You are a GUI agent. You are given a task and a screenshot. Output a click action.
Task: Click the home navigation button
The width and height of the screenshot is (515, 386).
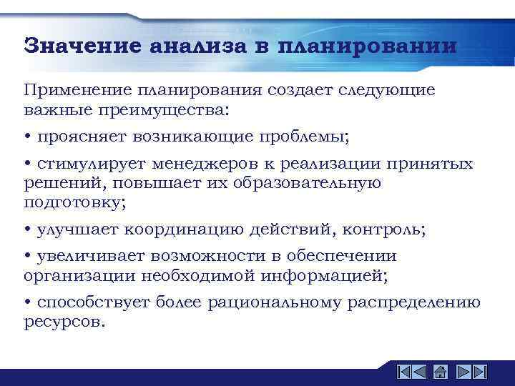coord(441,372)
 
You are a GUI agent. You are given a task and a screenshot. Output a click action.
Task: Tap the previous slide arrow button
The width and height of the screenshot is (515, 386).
coord(421,372)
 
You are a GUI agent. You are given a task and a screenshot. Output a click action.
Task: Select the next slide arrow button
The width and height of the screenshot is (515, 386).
coord(461,372)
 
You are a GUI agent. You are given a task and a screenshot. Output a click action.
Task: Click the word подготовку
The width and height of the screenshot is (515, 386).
coord(74,202)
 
